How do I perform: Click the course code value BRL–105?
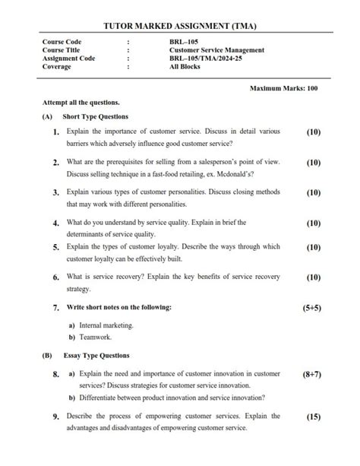(x=182, y=42)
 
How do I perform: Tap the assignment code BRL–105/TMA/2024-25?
(x=206, y=59)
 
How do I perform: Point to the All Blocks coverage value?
(x=185, y=67)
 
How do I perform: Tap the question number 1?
(x=57, y=132)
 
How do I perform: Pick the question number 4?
(x=57, y=223)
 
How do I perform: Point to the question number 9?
(x=57, y=417)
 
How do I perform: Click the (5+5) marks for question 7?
(x=313, y=308)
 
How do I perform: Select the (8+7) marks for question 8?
(x=313, y=374)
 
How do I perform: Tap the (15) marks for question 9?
(x=314, y=417)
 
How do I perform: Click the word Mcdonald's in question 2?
(x=231, y=175)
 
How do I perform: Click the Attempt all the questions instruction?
(x=81, y=102)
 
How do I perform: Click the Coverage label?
(x=58, y=67)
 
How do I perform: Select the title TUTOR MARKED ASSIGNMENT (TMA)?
(x=180, y=26)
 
